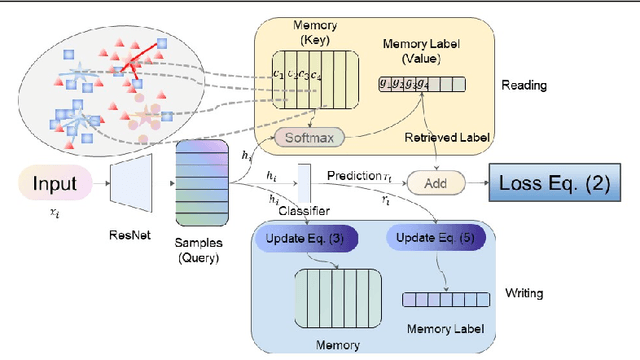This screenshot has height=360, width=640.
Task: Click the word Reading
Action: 525,86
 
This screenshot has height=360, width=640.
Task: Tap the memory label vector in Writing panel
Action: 443,299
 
